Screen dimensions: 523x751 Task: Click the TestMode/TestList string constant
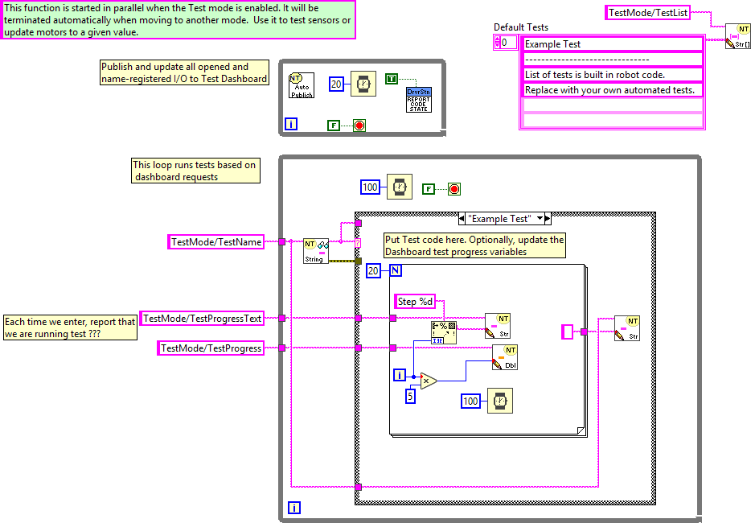648,12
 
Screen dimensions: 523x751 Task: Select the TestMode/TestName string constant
215,241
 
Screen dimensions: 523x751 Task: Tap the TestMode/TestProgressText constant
203,319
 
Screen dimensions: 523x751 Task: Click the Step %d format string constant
417,302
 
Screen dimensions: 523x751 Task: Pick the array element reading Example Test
611,44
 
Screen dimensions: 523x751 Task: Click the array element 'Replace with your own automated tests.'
611,90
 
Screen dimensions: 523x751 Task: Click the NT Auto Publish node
301,85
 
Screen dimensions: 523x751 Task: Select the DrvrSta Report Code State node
419,100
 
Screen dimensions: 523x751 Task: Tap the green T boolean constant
391,78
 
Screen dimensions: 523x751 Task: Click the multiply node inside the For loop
429,381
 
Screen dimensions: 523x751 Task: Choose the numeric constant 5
409,396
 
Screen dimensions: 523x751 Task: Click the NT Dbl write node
505,357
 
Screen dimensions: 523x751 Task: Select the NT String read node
315,250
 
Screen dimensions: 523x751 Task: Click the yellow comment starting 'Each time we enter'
70,327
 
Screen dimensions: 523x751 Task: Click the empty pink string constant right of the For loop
568,332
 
